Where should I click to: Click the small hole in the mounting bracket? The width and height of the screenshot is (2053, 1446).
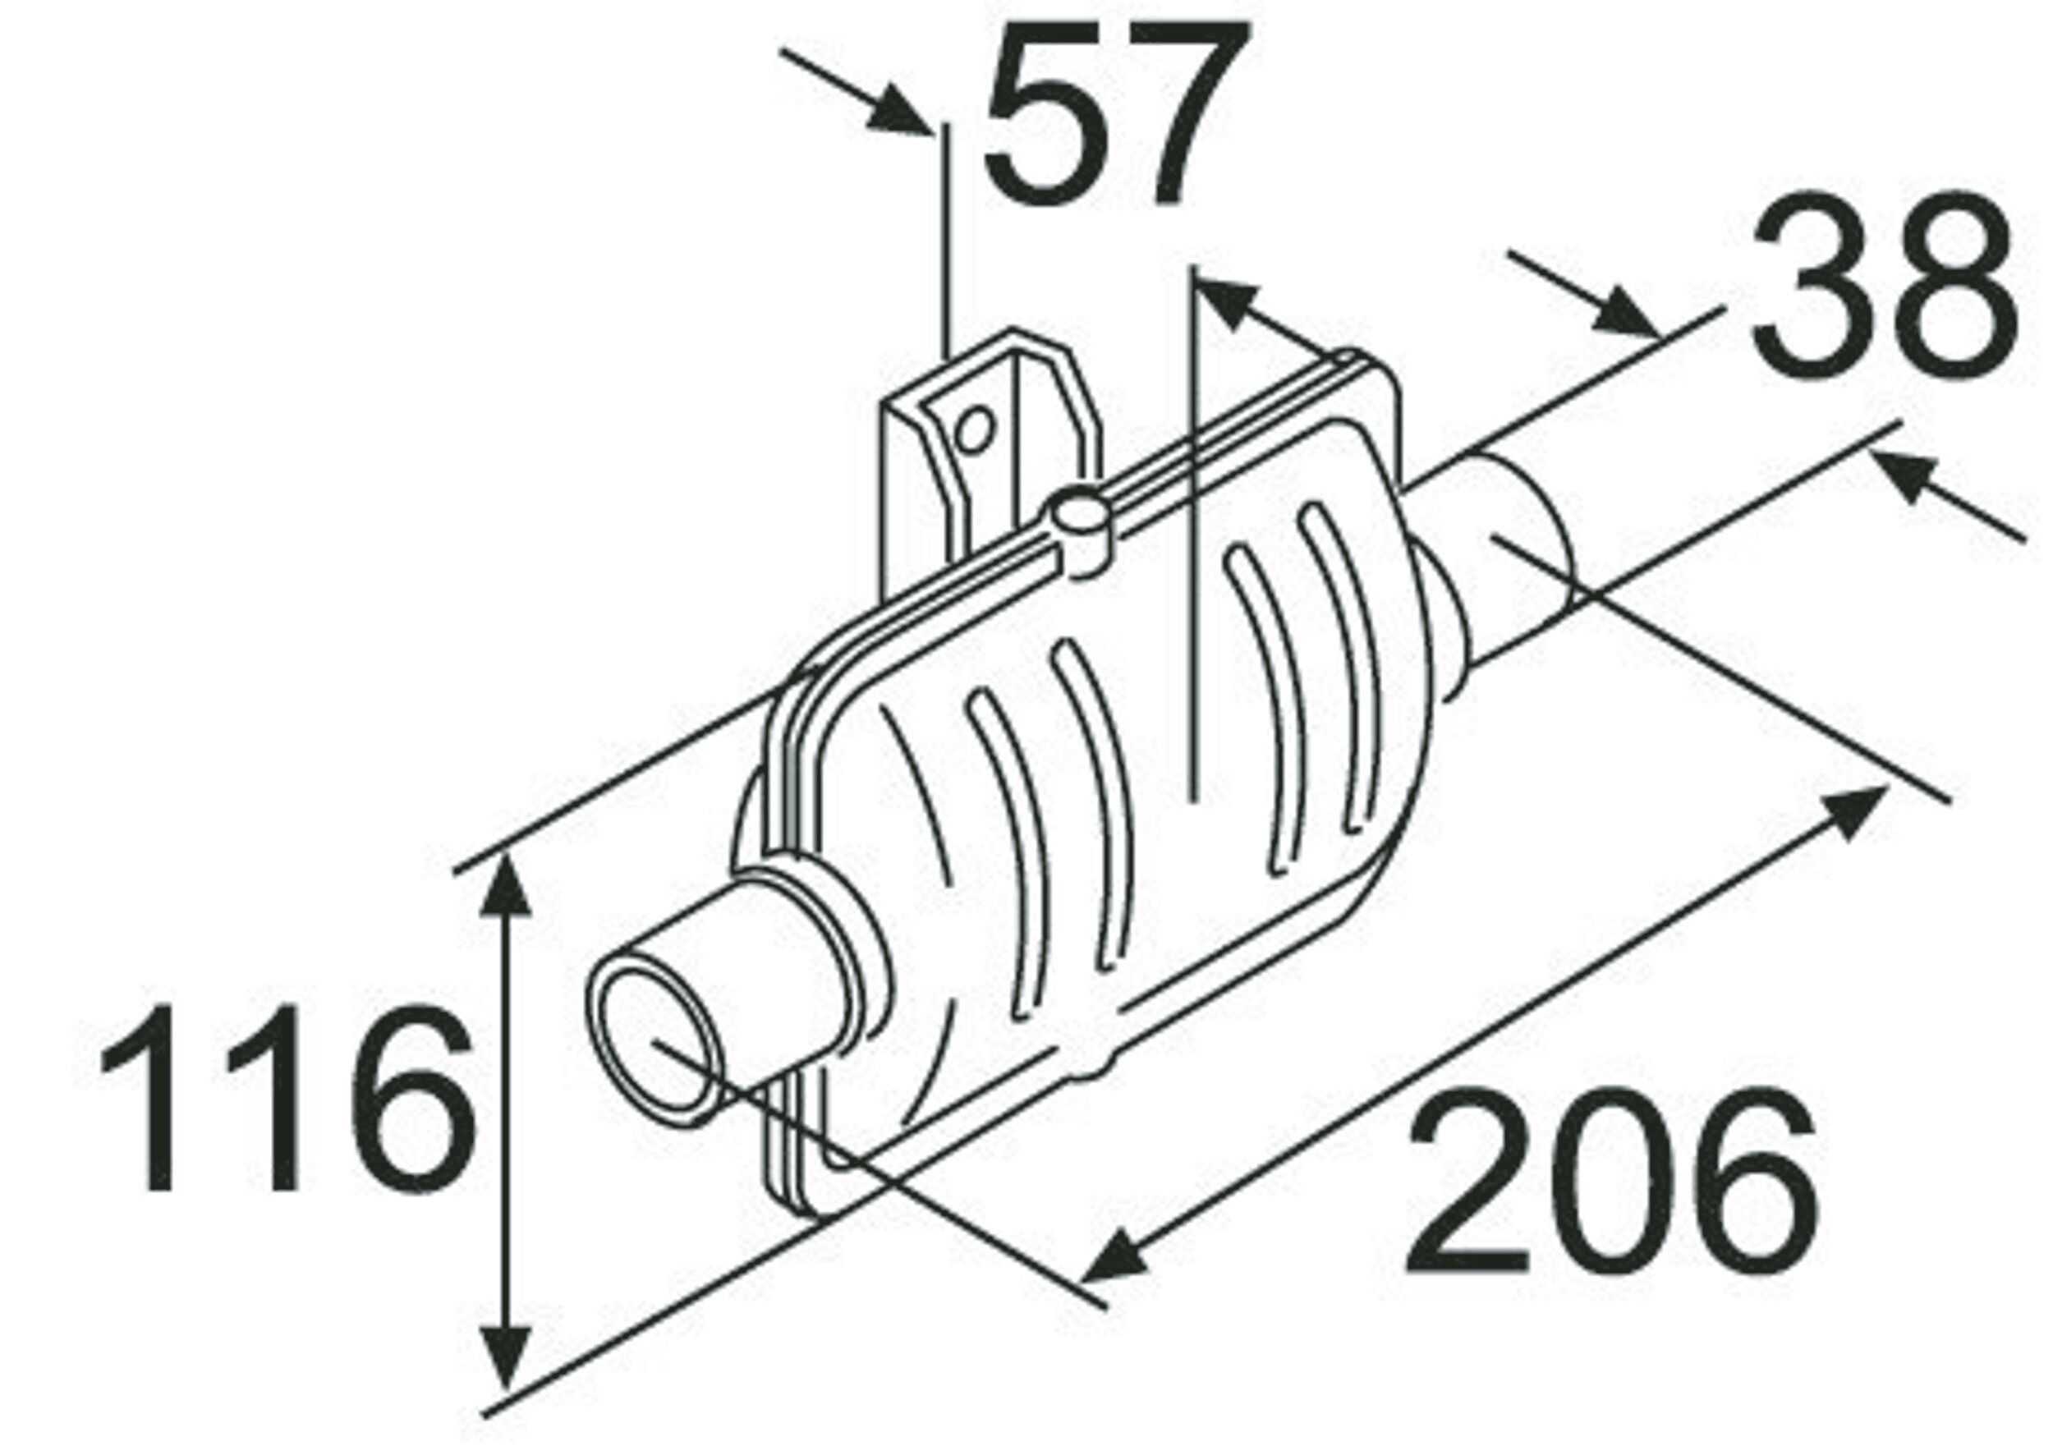pyautogui.click(x=974, y=430)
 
